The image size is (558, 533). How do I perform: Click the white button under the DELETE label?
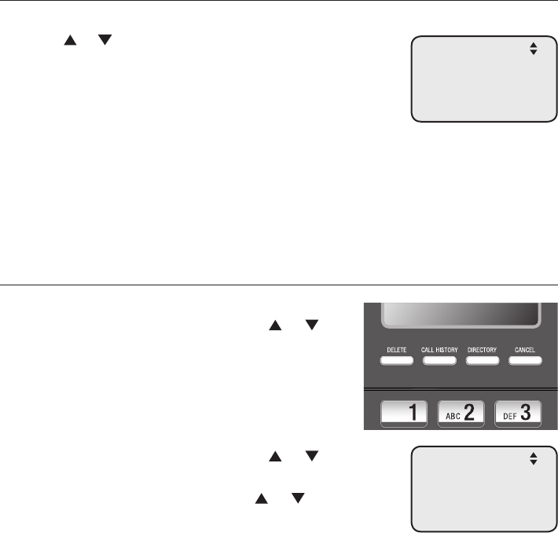(x=396, y=362)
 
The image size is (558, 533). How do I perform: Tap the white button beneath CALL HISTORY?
(x=439, y=362)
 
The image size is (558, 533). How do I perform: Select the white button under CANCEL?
(x=524, y=362)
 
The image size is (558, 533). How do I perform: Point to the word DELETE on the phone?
(x=396, y=348)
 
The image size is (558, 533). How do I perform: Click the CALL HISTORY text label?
(x=439, y=348)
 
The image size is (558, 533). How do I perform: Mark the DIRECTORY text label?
(x=483, y=348)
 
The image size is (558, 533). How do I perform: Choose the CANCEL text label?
(x=524, y=348)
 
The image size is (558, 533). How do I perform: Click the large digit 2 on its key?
(x=470, y=414)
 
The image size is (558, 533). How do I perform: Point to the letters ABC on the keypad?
(x=452, y=416)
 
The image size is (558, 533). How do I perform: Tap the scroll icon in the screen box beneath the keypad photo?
(x=534, y=458)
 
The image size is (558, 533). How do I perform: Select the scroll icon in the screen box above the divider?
(x=534, y=49)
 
